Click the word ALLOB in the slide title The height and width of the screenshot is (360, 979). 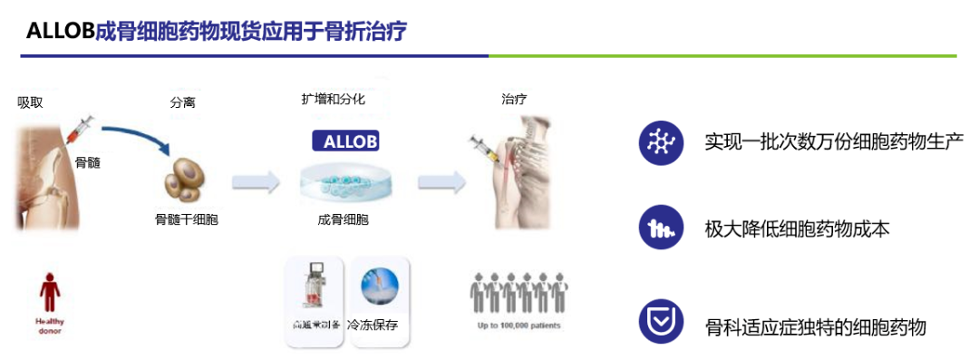click(61, 31)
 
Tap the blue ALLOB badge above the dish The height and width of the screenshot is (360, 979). click(344, 141)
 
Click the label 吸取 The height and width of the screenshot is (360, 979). click(30, 102)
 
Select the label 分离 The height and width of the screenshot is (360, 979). click(182, 102)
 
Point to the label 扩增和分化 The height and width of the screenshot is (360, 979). click(333, 99)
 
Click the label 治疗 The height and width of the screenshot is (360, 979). click(514, 99)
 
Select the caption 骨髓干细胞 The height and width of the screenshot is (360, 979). click(188, 219)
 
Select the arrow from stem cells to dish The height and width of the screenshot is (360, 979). click(256, 181)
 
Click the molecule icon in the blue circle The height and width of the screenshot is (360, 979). click(661, 142)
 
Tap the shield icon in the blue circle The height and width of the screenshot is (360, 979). click(661, 322)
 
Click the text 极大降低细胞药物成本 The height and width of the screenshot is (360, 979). click(797, 229)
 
